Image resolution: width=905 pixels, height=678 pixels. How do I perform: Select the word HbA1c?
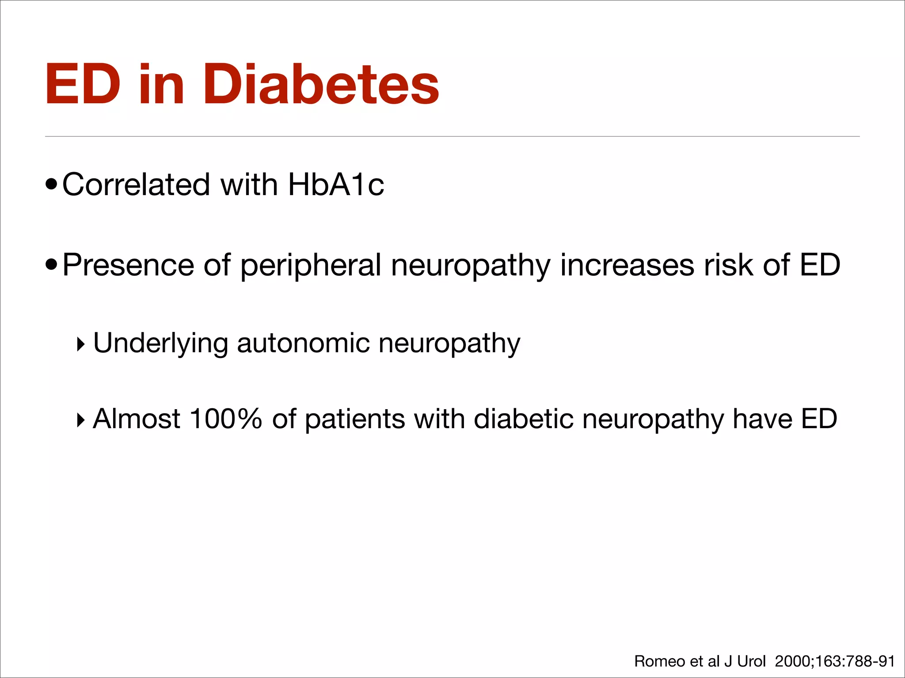tap(336, 185)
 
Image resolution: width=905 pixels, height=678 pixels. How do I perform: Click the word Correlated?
tap(136, 185)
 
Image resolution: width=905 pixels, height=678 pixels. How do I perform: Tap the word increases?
tap(627, 265)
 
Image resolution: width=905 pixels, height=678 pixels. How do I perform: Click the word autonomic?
tap(303, 343)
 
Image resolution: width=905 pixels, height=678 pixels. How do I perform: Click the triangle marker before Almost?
tap(80, 420)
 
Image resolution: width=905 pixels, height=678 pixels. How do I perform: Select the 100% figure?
tap(225, 419)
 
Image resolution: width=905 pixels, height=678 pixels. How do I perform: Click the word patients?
tap(355, 420)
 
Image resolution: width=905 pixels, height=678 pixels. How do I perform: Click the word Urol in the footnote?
tap(751, 661)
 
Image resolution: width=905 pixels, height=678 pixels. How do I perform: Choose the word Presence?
tap(128, 265)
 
